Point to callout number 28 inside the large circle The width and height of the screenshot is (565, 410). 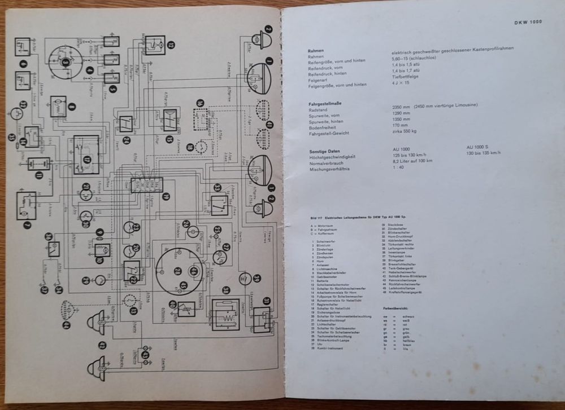pyautogui.click(x=177, y=271)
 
